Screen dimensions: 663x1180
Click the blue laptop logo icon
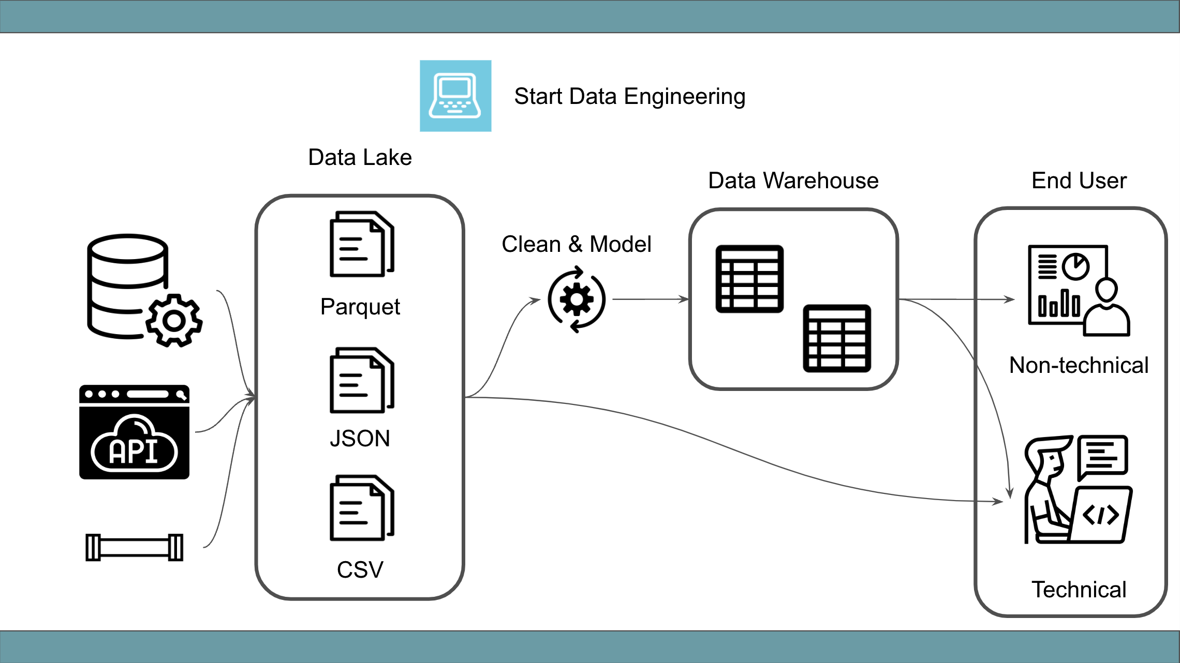[x=455, y=96]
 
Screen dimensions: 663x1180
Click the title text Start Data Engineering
[x=629, y=97]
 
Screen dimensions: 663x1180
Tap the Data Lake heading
[x=360, y=157]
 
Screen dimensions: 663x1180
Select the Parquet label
[x=360, y=307]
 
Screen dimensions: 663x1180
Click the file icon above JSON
[x=362, y=380]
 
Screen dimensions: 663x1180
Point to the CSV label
[x=360, y=570]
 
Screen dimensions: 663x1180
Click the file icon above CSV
[x=362, y=508]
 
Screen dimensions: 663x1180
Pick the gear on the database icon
[x=174, y=321]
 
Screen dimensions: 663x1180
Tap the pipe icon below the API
[x=134, y=547]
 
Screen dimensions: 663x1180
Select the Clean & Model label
[x=576, y=244]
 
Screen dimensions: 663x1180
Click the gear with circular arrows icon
[x=577, y=299]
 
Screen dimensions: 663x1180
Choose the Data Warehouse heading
[x=793, y=180]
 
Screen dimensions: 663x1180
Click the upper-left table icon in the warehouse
[x=749, y=279]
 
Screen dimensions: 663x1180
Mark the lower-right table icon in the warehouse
[x=837, y=339]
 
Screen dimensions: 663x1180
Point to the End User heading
[x=1079, y=180]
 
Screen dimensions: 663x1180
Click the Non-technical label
[x=1079, y=365]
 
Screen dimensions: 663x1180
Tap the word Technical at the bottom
[x=1079, y=590]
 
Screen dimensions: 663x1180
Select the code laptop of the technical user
[x=1101, y=515]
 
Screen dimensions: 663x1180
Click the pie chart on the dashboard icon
[x=1075, y=267]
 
